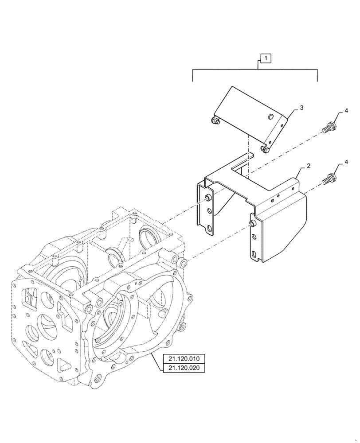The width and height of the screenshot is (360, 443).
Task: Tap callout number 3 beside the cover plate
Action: [301, 108]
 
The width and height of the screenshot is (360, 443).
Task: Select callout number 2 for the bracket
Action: [308, 165]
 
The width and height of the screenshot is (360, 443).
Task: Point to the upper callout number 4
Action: [346, 111]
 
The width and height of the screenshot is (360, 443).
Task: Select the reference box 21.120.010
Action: [184, 359]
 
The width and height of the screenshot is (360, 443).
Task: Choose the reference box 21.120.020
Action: [184, 368]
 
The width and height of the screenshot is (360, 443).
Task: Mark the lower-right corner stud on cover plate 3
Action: [265, 149]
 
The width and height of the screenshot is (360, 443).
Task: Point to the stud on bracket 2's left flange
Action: [207, 198]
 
